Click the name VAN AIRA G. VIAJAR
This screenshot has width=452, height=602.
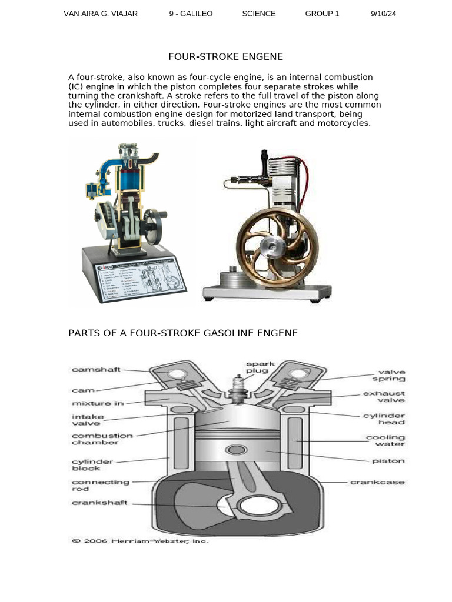[101, 14]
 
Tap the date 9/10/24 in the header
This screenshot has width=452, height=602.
[383, 14]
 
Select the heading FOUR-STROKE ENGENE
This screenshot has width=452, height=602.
[225, 57]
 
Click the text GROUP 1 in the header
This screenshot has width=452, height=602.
[322, 14]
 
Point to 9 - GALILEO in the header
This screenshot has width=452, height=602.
[191, 14]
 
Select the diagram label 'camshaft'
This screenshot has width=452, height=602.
[96, 370]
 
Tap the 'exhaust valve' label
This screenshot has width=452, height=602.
[384, 397]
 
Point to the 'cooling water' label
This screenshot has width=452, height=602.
[385, 441]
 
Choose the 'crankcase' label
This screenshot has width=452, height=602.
[377, 483]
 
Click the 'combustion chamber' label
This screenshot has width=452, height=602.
[102, 439]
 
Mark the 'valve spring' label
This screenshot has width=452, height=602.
[391, 376]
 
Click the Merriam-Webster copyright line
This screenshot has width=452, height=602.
[140, 541]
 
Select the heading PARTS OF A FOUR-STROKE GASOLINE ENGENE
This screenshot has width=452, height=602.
[183, 333]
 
